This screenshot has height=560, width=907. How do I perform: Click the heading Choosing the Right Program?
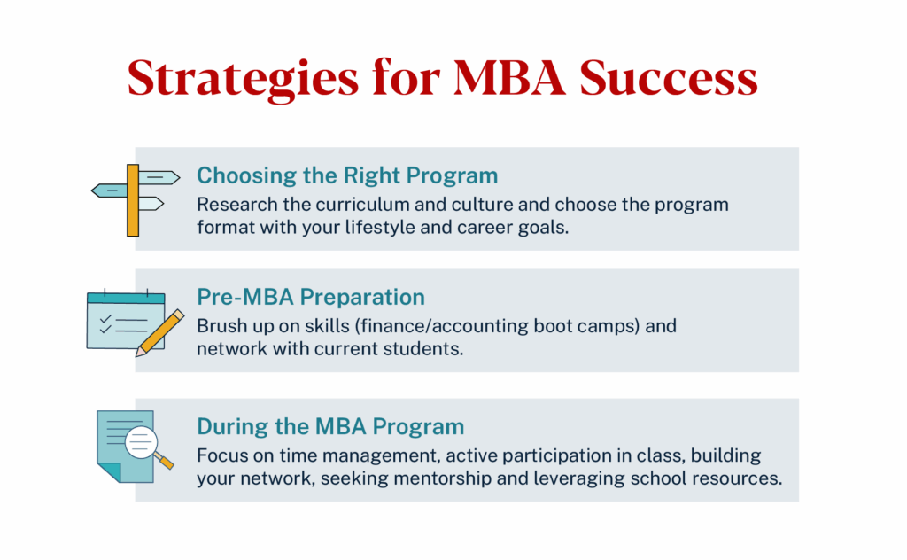pos(346,175)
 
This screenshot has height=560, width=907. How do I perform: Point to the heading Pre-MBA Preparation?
pos(310,297)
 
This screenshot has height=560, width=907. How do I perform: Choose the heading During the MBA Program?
pos(329,426)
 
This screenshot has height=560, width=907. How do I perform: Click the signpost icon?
pos(135,199)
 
